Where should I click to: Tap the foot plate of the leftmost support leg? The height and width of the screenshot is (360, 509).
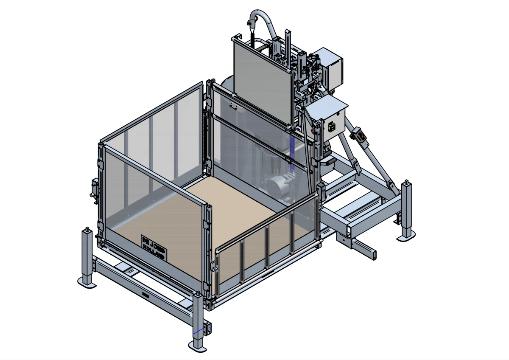click(x=87, y=284)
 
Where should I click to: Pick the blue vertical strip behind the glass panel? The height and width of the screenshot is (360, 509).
click(x=292, y=155)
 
